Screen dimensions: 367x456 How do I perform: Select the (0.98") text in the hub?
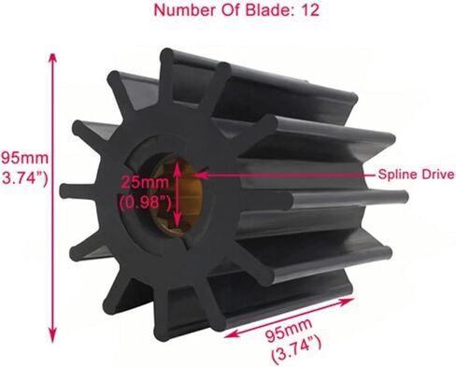[x=138, y=199]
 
